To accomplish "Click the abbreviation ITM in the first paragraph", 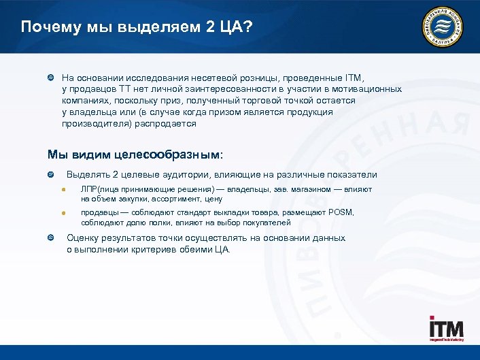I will click(x=358, y=78).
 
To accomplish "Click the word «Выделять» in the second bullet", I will click(x=88, y=175).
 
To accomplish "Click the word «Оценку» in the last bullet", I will click(x=83, y=238).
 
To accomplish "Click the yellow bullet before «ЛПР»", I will click(x=62, y=189).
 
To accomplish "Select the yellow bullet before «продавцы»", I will click(x=62, y=213).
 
